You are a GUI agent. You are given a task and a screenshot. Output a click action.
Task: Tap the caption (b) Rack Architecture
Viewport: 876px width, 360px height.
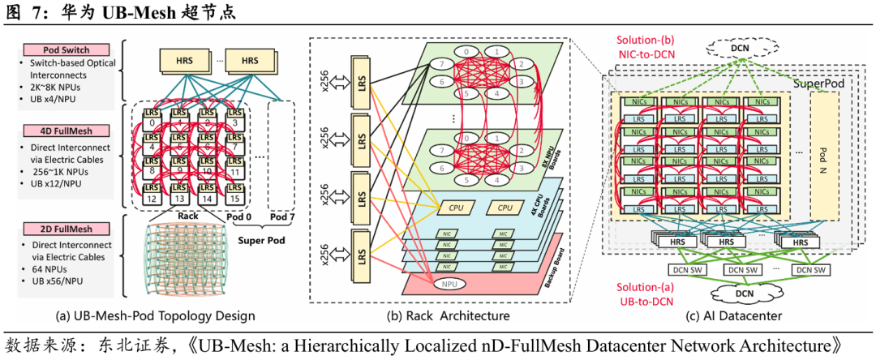click(x=446, y=315)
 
